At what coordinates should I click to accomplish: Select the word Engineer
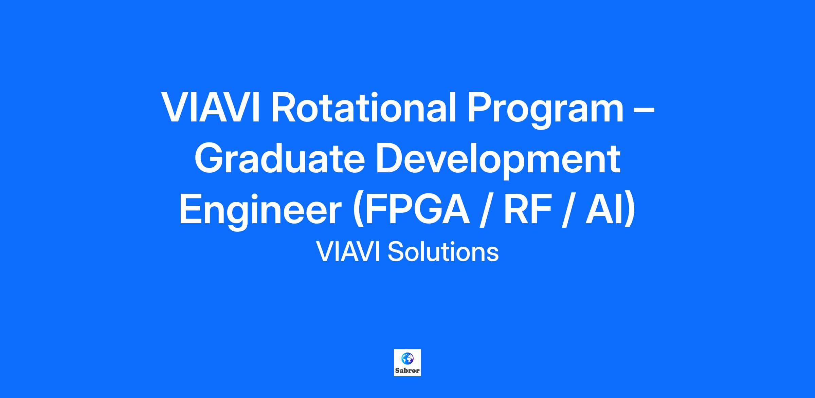click(x=260, y=212)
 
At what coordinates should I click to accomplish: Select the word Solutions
click(x=443, y=252)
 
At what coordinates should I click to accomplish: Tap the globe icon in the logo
click(x=407, y=358)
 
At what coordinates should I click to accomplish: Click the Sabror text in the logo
click(x=407, y=371)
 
